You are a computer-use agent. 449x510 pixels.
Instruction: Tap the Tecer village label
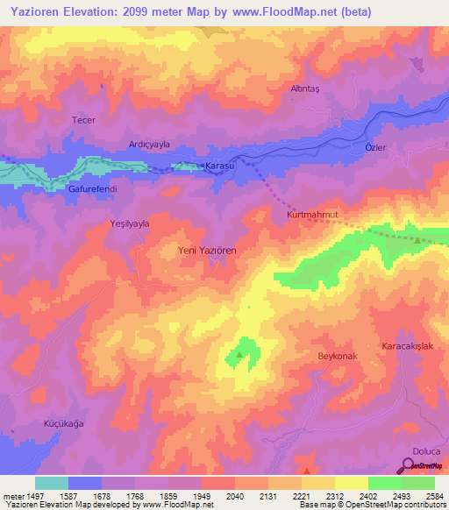coord(83,120)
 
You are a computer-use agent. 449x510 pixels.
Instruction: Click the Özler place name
coord(375,147)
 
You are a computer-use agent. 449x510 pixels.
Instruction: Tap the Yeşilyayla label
coord(130,223)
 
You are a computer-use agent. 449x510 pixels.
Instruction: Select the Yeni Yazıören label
coord(208,250)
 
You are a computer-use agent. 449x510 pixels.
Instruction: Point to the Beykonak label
coord(339,358)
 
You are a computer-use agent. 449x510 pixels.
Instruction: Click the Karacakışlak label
coord(408,347)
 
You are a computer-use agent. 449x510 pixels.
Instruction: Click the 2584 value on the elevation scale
coord(434,496)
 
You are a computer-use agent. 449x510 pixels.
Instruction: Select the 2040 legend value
coord(234,496)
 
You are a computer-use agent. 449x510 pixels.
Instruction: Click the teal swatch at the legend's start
coord(52,483)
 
